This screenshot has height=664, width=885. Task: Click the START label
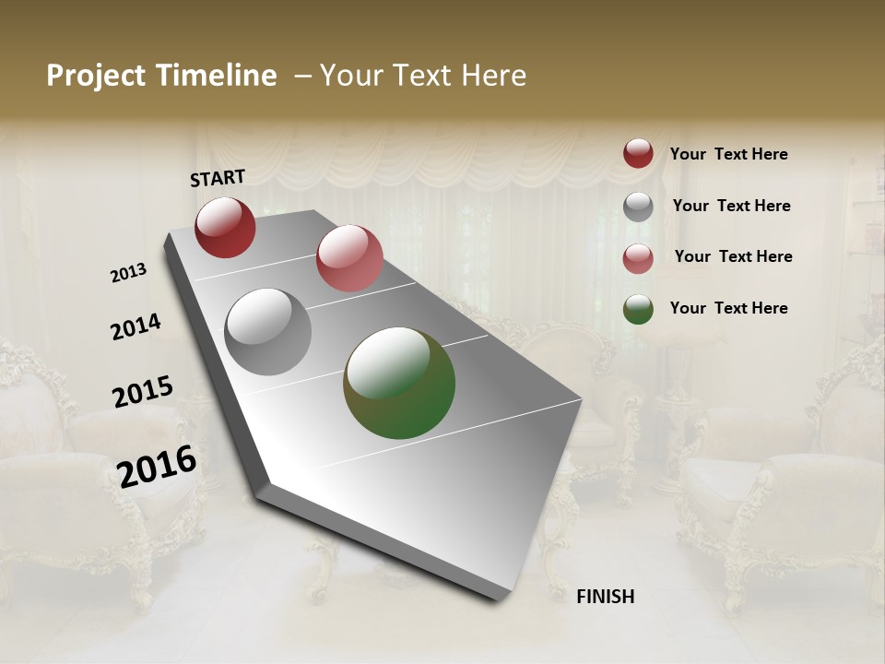(x=218, y=178)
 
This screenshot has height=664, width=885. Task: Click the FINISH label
(x=606, y=597)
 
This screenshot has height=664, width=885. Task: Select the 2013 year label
(x=129, y=273)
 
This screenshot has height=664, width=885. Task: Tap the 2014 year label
(x=136, y=327)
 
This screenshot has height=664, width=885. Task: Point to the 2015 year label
(x=143, y=392)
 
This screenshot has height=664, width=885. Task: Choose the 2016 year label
(x=158, y=466)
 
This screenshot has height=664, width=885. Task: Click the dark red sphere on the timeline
(x=225, y=227)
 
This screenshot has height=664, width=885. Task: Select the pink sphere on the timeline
(x=349, y=258)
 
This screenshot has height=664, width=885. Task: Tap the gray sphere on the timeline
(x=267, y=331)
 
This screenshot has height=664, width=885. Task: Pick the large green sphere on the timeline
(x=399, y=383)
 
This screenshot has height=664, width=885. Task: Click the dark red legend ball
(x=638, y=153)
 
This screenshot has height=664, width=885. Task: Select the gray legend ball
(x=638, y=207)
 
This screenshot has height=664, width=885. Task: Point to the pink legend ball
(x=638, y=258)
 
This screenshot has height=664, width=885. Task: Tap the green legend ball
(x=638, y=309)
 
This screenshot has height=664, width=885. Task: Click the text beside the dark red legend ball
(x=728, y=155)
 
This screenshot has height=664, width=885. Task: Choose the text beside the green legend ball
(x=728, y=308)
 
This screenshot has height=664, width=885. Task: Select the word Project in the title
(x=95, y=76)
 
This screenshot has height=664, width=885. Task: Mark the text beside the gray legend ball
(x=731, y=206)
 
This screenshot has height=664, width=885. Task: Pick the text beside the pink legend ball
(x=733, y=256)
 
